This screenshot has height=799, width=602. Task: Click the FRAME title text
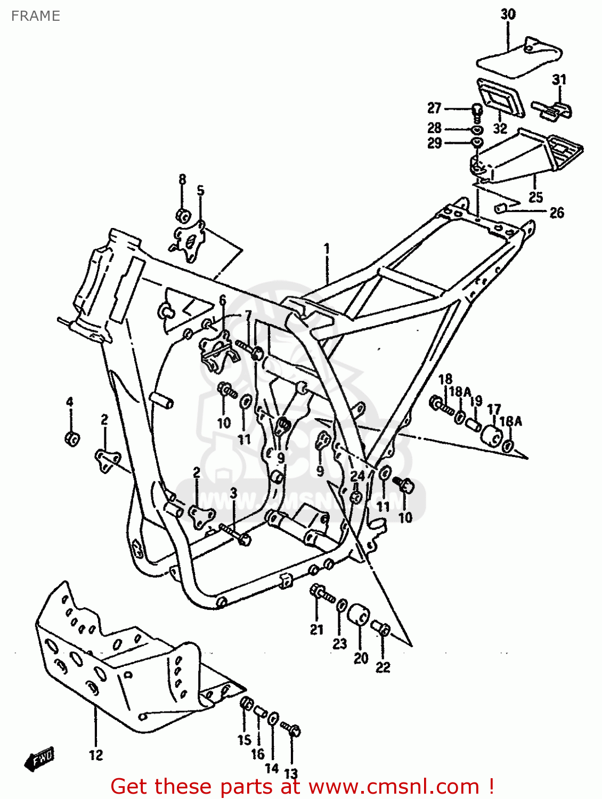point(35,16)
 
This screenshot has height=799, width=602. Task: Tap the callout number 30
point(508,14)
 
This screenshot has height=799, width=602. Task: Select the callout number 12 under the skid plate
point(96,755)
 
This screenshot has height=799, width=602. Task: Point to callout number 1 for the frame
point(327,249)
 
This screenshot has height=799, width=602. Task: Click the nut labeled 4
point(72,438)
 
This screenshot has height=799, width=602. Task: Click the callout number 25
point(535,197)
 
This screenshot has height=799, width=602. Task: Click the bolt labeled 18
point(441,405)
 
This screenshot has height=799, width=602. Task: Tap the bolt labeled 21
point(320,592)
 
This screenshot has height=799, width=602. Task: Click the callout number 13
point(291,773)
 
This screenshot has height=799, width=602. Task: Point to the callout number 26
point(556,213)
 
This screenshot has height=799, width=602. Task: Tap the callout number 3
point(233,493)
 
